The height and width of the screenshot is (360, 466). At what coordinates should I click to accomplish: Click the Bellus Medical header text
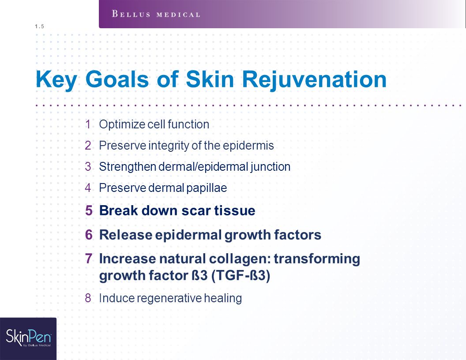156,14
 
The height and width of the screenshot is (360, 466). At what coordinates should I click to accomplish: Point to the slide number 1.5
39,26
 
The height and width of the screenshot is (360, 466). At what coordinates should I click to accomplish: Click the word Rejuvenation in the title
314,79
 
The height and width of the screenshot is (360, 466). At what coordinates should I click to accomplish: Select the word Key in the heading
56,79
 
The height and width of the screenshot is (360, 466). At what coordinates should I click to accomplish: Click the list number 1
88,124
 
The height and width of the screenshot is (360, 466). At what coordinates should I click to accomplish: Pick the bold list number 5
89,210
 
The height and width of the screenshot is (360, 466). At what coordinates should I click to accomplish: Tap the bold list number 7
89,259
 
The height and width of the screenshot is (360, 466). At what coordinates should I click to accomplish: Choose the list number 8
88,298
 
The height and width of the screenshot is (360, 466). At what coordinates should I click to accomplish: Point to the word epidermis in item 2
248,146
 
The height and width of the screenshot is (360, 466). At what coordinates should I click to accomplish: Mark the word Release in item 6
126,235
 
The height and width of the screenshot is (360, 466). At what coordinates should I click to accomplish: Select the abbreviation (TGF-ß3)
241,276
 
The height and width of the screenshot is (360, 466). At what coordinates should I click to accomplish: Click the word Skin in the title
210,79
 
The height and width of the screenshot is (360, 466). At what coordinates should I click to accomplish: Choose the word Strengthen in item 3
128,167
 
